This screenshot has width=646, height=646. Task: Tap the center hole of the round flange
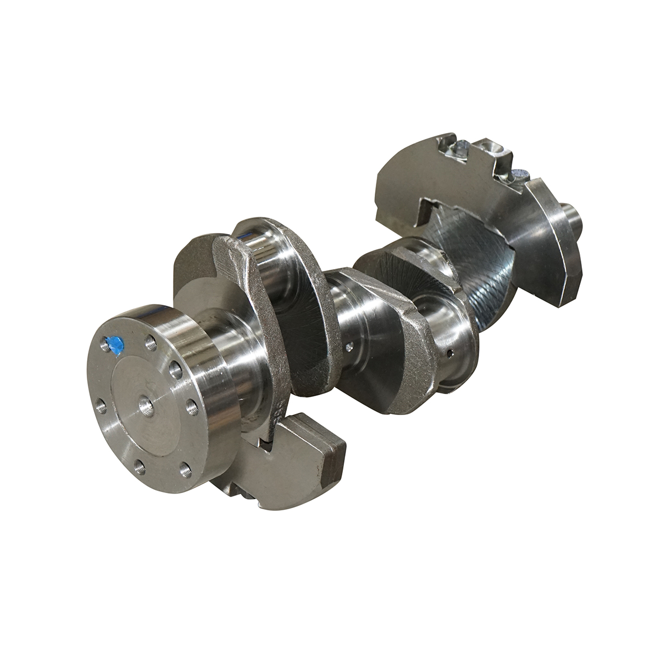[x=145, y=404]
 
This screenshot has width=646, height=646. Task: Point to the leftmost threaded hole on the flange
[x=102, y=406]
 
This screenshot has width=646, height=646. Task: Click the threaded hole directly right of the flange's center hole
[x=191, y=406]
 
